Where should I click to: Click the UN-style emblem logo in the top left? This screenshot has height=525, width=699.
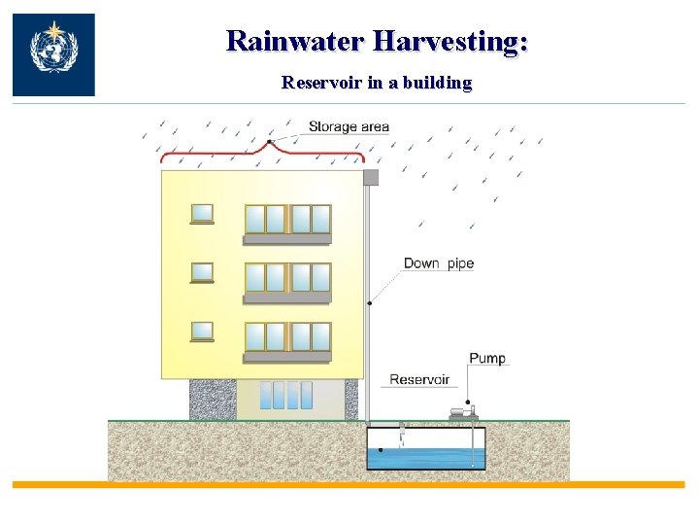pos(53,54)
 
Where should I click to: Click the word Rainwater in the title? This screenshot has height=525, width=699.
pos(295,41)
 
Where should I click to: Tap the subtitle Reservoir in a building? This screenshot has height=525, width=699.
pos(377,83)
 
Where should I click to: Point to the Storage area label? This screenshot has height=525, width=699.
pos(349,126)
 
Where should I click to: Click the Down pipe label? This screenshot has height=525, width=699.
pos(439,263)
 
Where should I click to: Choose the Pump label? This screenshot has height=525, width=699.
pos(487,359)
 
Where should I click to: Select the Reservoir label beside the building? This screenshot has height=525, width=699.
pos(419,379)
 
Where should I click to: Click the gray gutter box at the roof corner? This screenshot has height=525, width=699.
pos(370,177)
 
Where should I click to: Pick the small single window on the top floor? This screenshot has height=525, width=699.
pos(202,213)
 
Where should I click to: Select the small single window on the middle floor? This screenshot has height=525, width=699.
pos(202,272)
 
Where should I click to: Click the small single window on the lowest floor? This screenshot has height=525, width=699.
pos(202,332)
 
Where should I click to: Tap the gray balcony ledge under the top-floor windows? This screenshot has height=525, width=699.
pos(287,238)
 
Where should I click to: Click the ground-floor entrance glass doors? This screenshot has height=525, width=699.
pos(287,395)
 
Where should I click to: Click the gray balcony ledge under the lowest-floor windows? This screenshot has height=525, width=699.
pos(287,357)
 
